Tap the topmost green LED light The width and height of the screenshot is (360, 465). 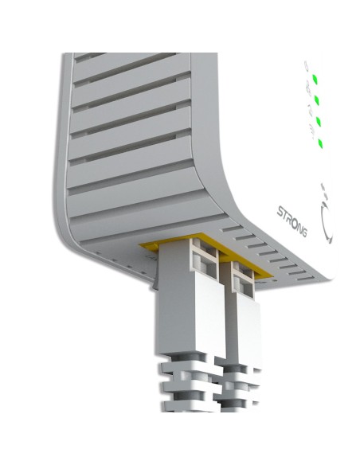point(316,79)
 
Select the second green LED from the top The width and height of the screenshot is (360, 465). point(317,100)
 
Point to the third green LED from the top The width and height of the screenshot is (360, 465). point(319,122)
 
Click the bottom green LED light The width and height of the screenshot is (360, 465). point(320,143)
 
